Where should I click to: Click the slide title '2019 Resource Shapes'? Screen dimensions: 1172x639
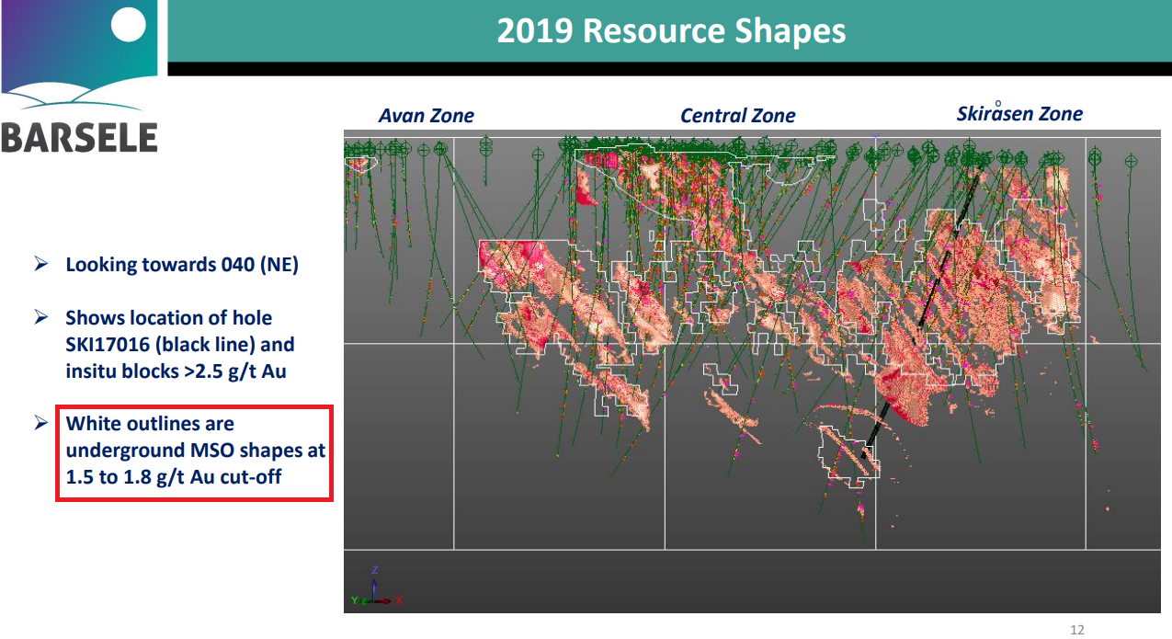tap(671, 30)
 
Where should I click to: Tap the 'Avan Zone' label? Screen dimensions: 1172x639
tap(426, 116)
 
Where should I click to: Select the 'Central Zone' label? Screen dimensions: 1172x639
tap(737, 116)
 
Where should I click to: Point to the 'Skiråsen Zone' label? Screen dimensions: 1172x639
tap(1019, 112)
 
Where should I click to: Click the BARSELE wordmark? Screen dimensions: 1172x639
tap(80, 138)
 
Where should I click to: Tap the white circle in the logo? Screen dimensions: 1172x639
tap(128, 25)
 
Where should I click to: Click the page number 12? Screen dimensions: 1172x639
tap(1077, 630)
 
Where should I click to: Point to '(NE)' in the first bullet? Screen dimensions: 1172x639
tap(279, 265)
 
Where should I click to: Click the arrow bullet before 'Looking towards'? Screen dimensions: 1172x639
tap(41, 263)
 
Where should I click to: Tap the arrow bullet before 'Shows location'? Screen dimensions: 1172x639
tap(41, 316)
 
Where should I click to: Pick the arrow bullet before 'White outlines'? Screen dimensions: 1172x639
tap(41, 422)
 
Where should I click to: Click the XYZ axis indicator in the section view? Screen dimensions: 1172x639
tap(376, 587)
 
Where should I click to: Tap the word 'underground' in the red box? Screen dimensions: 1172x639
tap(125, 451)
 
